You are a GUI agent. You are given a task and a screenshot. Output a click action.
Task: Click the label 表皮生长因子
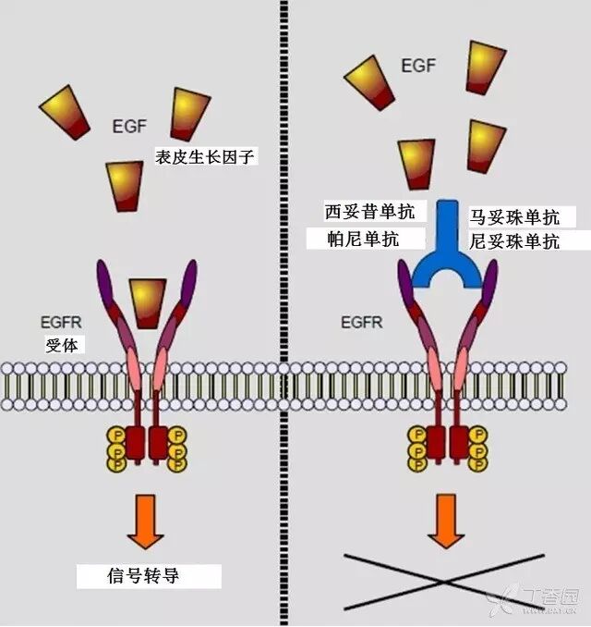tap(206, 156)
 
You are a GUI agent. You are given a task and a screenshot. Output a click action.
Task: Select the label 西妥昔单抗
tap(363, 212)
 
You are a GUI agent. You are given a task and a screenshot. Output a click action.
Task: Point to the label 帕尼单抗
tap(363, 239)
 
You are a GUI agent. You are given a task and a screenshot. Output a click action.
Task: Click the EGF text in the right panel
tap(418, 67)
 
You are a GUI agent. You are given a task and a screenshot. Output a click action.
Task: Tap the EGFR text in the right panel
tap(362, 323)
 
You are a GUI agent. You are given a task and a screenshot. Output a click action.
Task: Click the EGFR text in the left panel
tap(62, 323)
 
